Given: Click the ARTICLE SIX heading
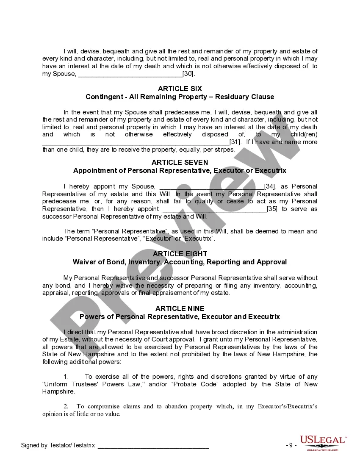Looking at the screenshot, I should coord(180,89).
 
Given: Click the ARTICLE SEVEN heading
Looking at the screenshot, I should coord(180,162).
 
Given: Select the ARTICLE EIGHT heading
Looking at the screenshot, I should coord(180,254).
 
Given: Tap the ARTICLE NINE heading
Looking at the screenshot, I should coord(180,308).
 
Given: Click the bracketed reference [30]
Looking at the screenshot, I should coord(188,74).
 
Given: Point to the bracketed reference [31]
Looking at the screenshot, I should coord(235,142).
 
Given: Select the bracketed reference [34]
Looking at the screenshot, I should coord(270,186).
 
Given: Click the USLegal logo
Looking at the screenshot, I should coord(323,443).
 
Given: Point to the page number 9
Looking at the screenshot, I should coord(291,445).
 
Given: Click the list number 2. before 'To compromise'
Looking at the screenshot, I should coord(66,406).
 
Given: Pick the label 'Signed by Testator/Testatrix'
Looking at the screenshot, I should coord(58,445).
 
